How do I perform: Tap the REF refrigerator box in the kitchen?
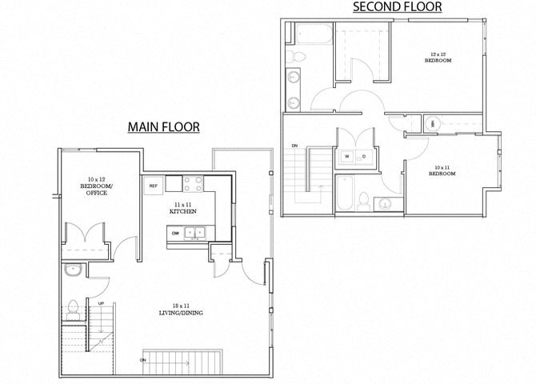click(x=153, y=186)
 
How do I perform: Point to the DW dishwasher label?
click(x=174, y=233)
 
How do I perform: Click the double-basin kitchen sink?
click(x=194, y=233)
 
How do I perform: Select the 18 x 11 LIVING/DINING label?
click(x=179, y=309)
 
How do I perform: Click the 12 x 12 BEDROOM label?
click(x=436, y=57)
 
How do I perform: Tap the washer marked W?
click(x=346, y=156)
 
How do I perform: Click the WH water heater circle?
click(x=433, y=124)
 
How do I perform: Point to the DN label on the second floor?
click(x=295, y=145)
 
